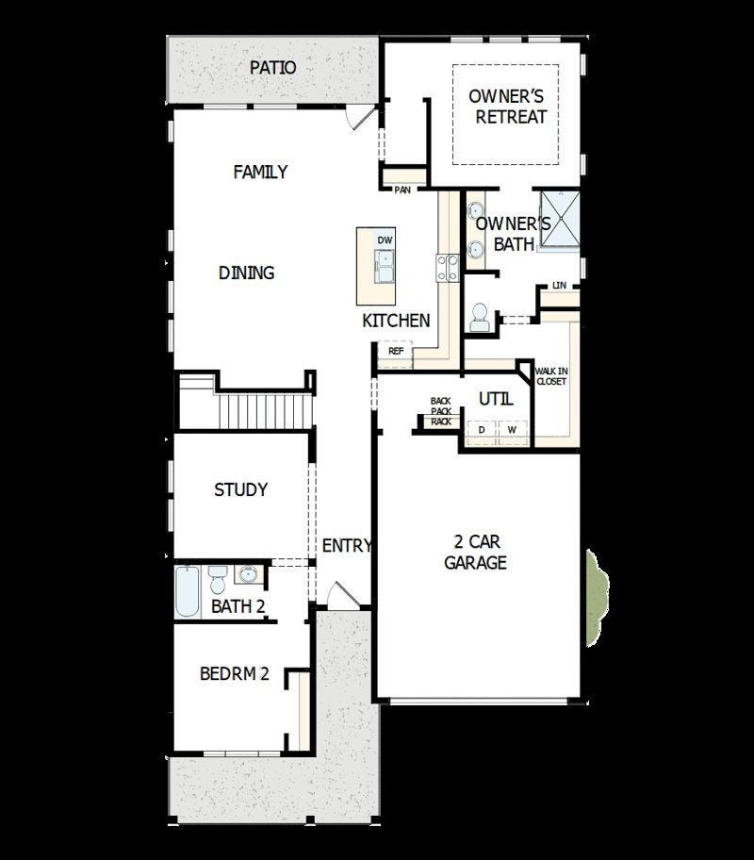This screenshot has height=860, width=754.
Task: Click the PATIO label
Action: [273, 68]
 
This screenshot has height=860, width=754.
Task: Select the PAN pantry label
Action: [403, 190]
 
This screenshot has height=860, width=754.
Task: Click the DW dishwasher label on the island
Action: [385, 240]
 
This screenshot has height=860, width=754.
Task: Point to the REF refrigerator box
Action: [396, 351]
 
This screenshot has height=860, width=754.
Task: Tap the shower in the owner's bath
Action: [557, 218]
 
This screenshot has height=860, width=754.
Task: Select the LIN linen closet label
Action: [560, 285]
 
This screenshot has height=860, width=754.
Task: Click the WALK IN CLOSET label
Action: [551, 376]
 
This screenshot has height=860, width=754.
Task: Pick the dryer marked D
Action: [482, 430]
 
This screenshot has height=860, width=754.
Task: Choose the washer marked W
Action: [512, 430]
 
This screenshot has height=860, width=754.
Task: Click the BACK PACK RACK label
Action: [441, 411]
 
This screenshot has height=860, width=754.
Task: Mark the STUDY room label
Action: [240, 489]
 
